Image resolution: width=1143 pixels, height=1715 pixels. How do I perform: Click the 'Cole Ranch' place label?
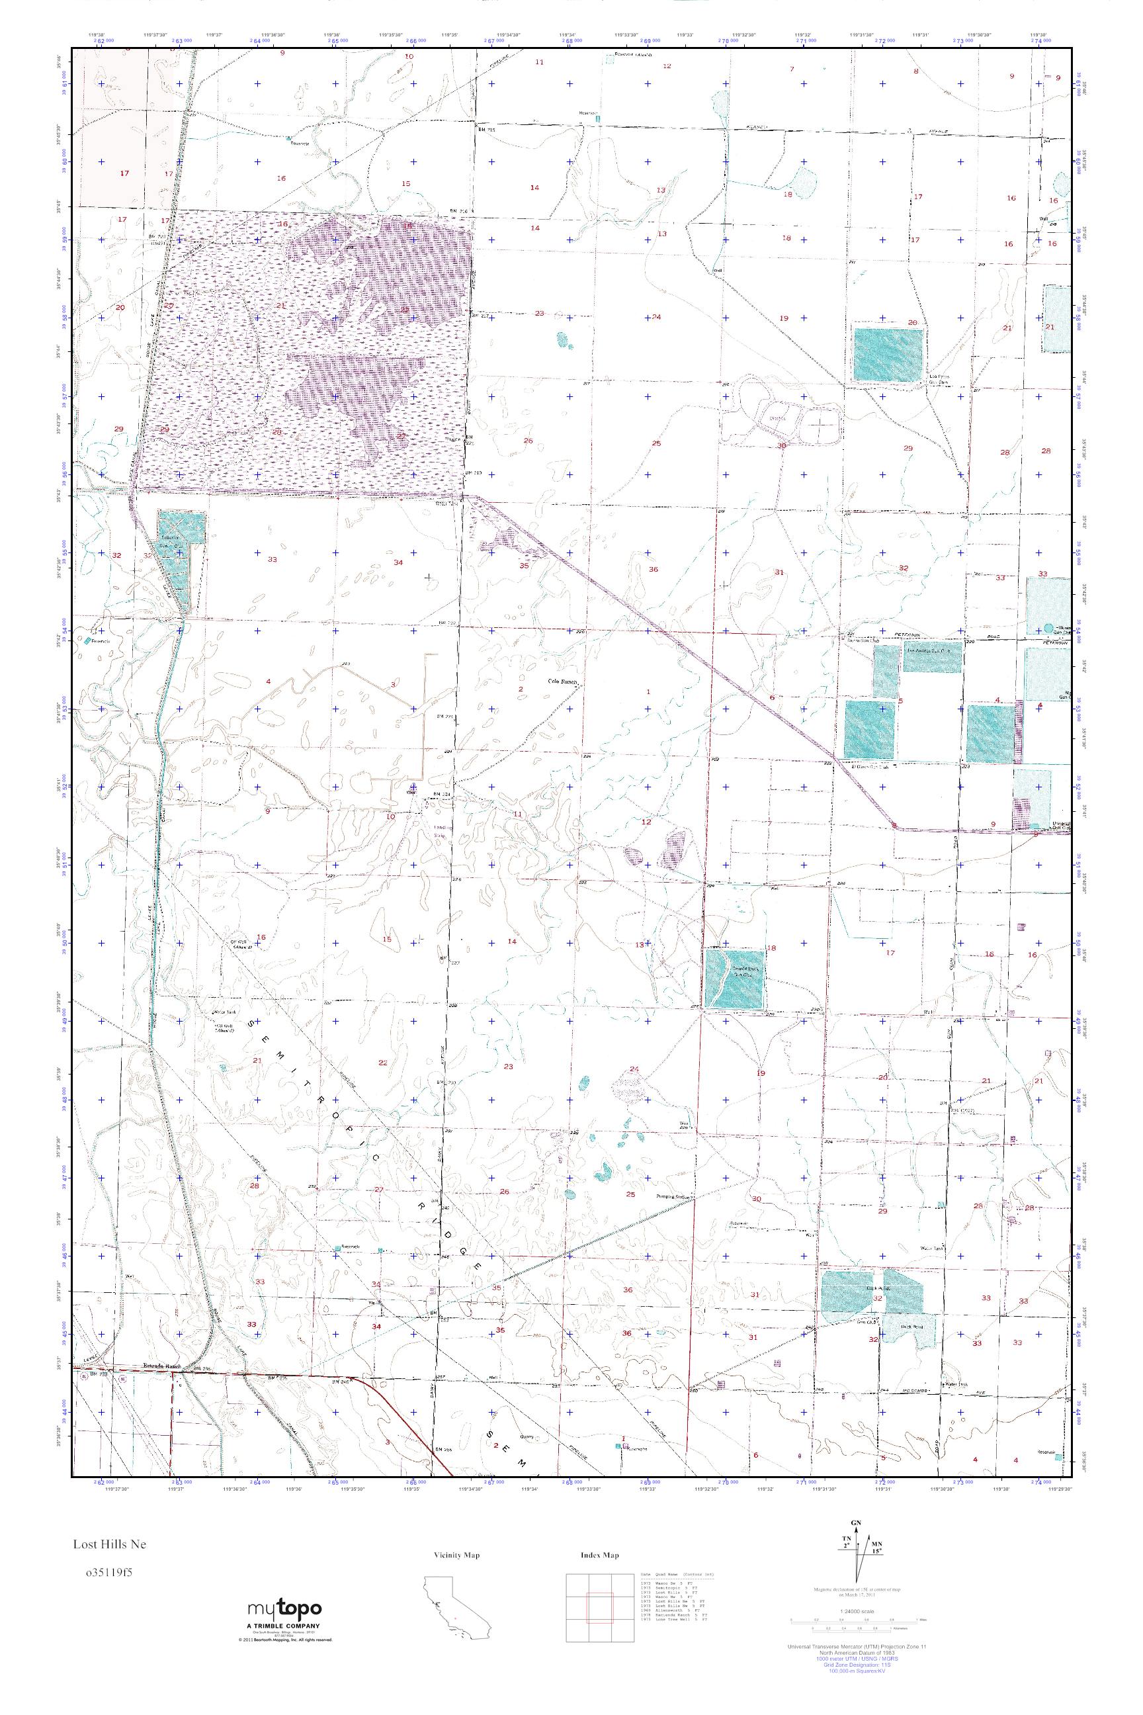click(x=563, y=683)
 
